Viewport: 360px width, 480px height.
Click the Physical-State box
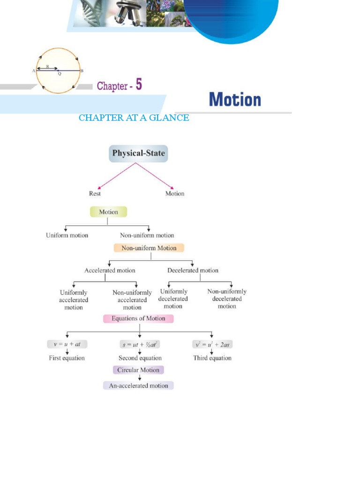138,153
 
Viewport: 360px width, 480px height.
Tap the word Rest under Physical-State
95,194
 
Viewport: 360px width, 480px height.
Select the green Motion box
108,212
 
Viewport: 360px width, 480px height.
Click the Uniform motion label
67,235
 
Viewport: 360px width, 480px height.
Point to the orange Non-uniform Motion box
149,248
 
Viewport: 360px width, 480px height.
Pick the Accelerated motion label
110,270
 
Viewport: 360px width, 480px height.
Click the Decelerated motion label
193,270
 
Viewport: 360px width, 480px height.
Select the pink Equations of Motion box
138,319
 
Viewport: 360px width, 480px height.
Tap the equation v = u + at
67,344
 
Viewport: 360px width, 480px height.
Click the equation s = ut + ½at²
140,344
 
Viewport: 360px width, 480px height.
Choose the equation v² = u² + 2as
212,344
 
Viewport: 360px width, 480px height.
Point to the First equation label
67,358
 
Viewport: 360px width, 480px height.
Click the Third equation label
212,358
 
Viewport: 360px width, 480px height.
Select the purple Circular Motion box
138,370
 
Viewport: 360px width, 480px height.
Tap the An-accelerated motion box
138,386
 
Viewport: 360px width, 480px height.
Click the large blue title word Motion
235,100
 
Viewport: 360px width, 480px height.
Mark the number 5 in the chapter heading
138,85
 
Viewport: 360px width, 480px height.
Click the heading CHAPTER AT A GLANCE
134,118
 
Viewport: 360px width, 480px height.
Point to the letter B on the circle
82,71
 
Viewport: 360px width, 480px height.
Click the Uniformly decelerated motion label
173,299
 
